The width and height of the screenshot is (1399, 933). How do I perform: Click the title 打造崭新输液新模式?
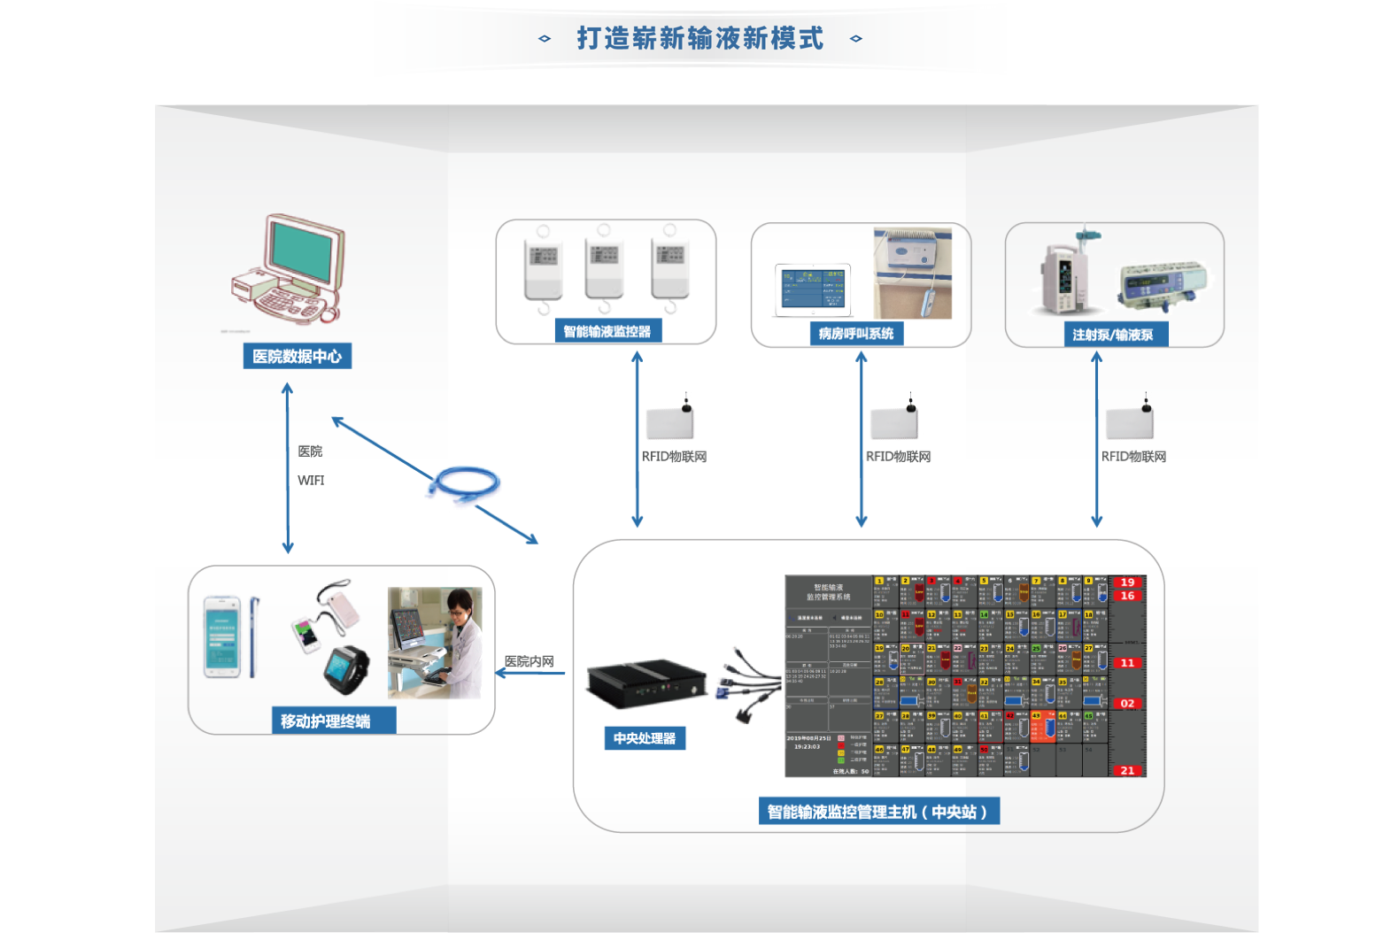pos(699,38)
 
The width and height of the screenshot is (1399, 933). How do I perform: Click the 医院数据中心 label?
pos(297,356)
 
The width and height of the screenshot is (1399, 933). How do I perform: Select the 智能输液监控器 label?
pos(607,331)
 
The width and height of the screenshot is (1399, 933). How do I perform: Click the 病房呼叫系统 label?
pos(855,333)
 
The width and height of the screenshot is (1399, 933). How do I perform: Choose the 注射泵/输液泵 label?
pos(1112,335)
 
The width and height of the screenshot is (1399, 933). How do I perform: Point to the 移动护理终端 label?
pos(325,721)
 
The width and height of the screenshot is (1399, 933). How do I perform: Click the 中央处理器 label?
pos(644,737)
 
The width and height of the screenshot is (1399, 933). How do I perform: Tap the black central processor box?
pos(645,682)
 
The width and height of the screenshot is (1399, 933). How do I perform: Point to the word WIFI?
pos(311,480)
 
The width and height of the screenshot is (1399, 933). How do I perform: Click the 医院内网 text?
pos(529,661)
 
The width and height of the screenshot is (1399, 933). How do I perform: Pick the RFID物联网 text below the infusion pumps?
pos(1133,456)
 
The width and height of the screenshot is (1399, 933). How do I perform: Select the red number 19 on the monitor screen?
pos(1127,582)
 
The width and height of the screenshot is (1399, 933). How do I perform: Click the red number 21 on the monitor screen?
pos(1127,770)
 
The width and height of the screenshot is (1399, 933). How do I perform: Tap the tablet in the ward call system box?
pos(813,289)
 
